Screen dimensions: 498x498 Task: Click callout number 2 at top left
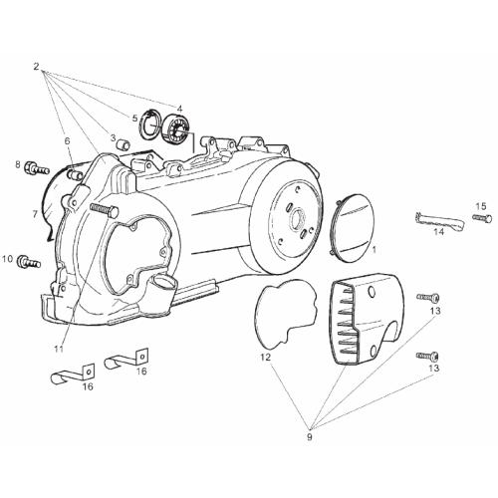pyautogui.click(x=36, y=67)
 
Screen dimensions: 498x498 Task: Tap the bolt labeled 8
pyautogui.click(x=37, y=168)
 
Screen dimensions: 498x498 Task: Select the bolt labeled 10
pyautogui.click(x=30, y=262)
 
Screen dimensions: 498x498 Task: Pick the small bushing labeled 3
pyautogui.click(x=124, y=144)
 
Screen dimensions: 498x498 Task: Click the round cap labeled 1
pyautogui.click(x=354, y=229)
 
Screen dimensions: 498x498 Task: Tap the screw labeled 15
pyautogui.click(x=482, y=217)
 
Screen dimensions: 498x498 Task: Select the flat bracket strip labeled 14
pyautogui.click(x=439, y=220)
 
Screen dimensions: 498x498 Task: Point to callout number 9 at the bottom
pyautogui.click(x=310, y=437)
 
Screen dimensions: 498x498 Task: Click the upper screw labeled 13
pyautogui.click(x=428, y=297)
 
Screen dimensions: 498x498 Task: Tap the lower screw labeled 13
pyautogui.click(x=427, y=356)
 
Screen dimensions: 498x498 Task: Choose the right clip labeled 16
pyautogui.click(x=126, y=360)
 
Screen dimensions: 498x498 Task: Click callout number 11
pyautogui.click(x=59, y=349)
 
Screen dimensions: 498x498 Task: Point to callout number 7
pyautogui.click(x=35, y=214)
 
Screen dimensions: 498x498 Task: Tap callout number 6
pyautogui.click(x=68, y=141)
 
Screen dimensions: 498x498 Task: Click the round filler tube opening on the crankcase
pyautogui.click(x=164, y=282)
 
